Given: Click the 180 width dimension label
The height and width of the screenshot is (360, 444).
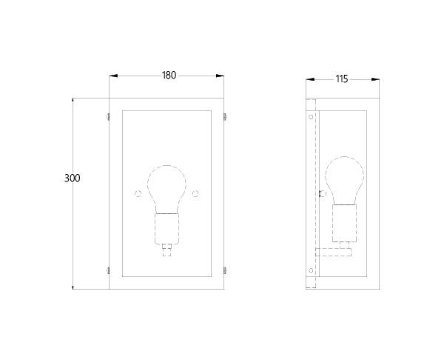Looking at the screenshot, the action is pos(169,76).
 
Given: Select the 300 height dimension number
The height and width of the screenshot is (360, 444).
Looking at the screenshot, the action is pos(73,179).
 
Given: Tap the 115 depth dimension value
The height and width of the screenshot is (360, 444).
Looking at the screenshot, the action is pos(342,79).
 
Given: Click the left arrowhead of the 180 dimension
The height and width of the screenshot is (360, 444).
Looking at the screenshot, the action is pos(113,76).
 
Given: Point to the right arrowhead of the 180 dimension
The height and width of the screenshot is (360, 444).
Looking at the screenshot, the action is pos(220,76).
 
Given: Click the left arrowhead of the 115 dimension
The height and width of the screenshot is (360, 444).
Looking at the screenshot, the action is pos(310,80).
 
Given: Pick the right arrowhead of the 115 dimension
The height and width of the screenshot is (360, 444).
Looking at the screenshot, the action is pos(375,80).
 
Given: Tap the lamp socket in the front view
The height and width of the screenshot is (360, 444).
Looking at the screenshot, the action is pos(167,229).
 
